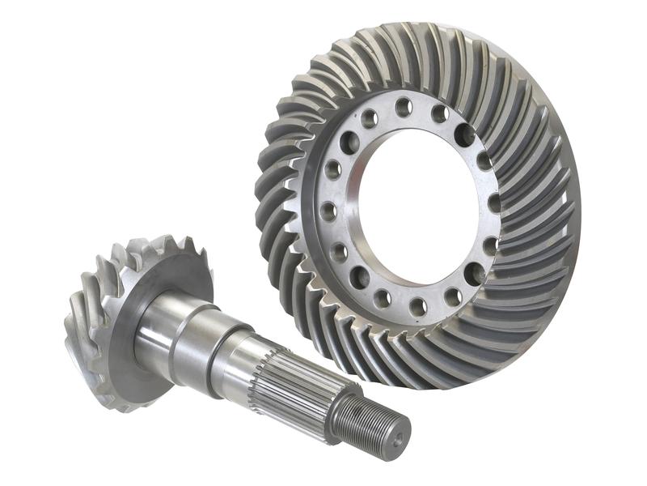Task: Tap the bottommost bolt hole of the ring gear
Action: pyautogui.click(x=418, y=307)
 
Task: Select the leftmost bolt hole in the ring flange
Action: pyautogui.click(x=328, y=212)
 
